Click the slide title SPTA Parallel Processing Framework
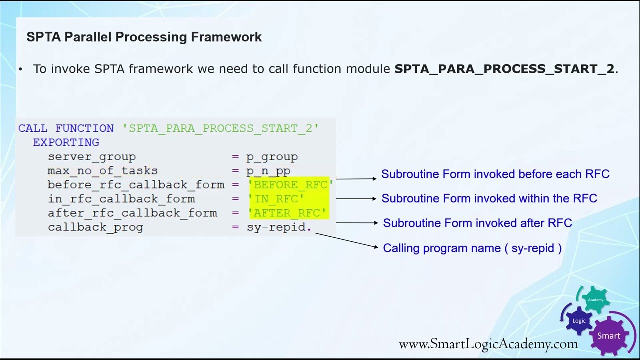click(144, 37)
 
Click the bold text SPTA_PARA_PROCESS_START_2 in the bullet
click(504, 69)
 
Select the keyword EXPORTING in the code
click(66, 143)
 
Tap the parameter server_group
click(92, 157)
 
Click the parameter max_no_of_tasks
click(102, 171)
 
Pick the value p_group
click(272, 157)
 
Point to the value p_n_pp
click(268, 171)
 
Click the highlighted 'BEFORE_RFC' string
click(290, 185)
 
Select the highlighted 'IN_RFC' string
click(276, 199)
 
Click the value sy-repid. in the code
click(279, 227)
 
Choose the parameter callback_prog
click(95, 227)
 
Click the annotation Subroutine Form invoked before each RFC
click(495, 174)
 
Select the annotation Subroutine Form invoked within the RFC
click(489, 199)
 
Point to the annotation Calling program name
click(472, 248)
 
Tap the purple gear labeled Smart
click(608, 336)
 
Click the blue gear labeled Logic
click(579, 321)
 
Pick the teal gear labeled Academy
click(595, 300)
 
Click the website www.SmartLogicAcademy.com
click(488, 344)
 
